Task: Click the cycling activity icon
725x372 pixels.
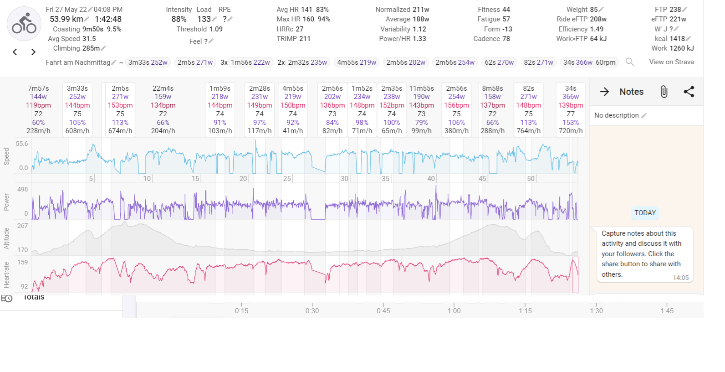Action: coord(24,24)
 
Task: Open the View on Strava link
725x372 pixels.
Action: coord(671,62)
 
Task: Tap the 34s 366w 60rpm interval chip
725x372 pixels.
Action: coord(589,62)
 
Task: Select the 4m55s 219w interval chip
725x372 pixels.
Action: coord(357,62)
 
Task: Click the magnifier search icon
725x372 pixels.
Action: coord(630,62)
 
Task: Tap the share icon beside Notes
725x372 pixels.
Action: coord(689,92)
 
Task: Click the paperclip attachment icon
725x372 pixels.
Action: coord(664,92)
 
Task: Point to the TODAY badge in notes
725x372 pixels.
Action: coord(645,213)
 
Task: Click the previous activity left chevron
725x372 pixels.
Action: coord(15,52)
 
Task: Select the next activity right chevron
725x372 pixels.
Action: coord(33,52)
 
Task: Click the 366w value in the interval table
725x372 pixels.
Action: coord(570,97)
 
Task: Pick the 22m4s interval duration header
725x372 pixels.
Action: coord(163,88)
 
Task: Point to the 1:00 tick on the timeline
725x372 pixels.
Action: coord(454,310)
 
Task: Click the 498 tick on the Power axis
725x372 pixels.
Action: coord(22,189)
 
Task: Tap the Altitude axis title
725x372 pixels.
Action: coord(6,238)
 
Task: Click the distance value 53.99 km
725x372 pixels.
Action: coord(66,19)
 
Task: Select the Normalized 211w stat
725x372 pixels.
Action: coord(402,10)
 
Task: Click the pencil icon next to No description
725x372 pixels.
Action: coord(644,115)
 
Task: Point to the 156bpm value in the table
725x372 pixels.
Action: coord(456,105)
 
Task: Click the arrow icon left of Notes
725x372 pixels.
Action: coord(604,92)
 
